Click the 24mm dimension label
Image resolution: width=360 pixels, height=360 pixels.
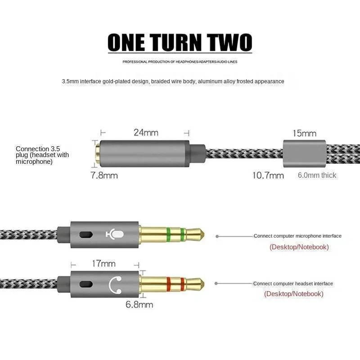tap(146, 133)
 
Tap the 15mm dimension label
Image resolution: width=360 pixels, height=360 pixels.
tap(304, 133)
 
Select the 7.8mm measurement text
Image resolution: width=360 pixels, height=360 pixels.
tap(104, 175)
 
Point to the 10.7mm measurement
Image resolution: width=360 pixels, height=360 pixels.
tap(268, 175)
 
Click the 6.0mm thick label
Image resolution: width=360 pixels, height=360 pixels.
tap(317, 175)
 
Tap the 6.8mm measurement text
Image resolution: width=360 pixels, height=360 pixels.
tap(139, 305)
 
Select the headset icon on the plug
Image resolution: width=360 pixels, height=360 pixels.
tap(116, 284)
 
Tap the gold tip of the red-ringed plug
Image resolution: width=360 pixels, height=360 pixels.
tap(196, 284)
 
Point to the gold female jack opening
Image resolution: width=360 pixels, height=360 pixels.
tap(97, 153)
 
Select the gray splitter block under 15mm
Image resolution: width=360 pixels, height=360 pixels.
tap(304, 153)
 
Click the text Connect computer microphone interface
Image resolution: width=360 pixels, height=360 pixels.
tap(297, 236)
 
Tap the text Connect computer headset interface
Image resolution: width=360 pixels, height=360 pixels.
tap(293, 283)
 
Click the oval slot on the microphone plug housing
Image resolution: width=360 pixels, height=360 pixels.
tap(85, 234)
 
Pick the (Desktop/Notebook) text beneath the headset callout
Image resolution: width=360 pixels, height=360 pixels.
tap(293, 294)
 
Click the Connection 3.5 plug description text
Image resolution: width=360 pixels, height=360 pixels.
tap(42, 155)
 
